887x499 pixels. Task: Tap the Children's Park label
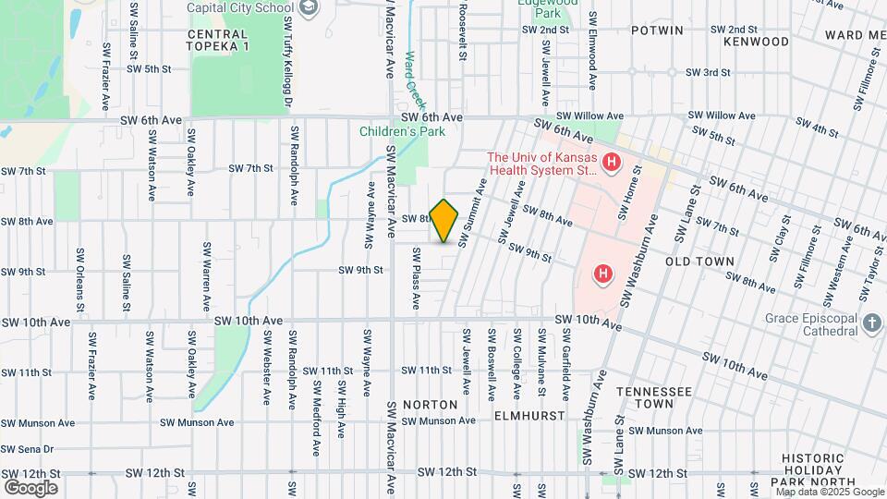tap(403, 131)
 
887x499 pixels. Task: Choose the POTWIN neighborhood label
tap(657, 30)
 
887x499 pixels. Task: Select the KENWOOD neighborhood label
tap(757, 42)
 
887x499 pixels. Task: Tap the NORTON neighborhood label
tap(430, 405)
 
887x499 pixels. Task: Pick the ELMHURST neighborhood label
tap(529, 416)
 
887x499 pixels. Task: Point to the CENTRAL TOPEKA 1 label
tap(218, 40)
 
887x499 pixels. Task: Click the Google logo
tap(30, 487)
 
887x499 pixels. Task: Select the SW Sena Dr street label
tap(28, 449)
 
